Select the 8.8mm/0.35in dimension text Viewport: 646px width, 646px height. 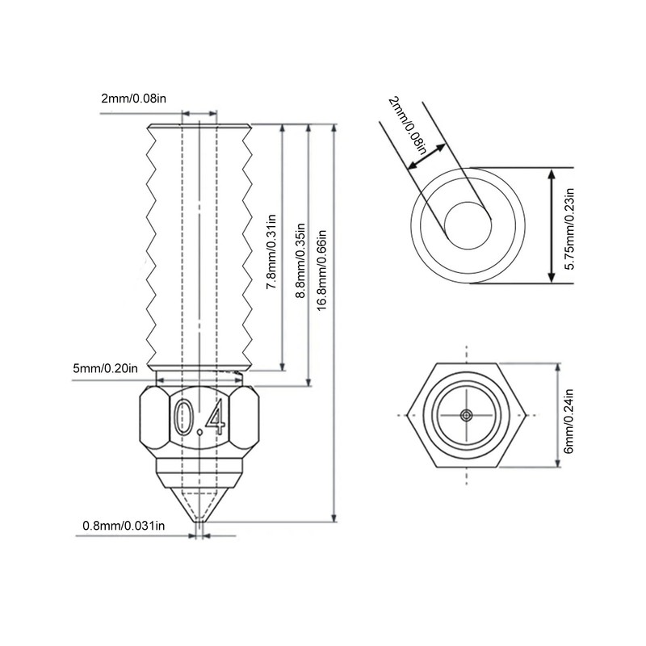pyautogui.click(x=300, y=260)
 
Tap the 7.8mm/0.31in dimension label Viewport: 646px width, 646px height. pyautogui.click(x=271, y=251)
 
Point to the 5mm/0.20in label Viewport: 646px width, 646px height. pyautogui.click(x=106, y=368)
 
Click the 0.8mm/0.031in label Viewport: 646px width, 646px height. pyautogui.click(x=124, y=526)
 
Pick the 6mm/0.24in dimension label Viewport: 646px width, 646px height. pyautogui.click(x=568, y=421)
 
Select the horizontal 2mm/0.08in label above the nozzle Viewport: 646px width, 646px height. pyautogui.click(x=133, y=99)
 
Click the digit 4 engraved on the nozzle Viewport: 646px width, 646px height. pyautogui.click(x=216, y=417)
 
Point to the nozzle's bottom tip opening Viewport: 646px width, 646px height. pyautogui.click(x=199, y=522)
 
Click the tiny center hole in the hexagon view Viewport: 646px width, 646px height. pyautogui.click(x=467, y=415)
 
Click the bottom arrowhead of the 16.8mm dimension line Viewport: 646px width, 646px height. pyautogui.click(x=334, y=517)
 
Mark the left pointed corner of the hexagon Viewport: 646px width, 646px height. pyautogui.click(x=408, y=415)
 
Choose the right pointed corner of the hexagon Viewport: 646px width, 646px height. pyautogui.click(x=526, y=415)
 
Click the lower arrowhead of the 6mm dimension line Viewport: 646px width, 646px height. pyautogui.click(x=558, y=462)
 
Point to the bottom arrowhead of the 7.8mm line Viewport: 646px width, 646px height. pyautogui.click(x=282, y=365)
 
